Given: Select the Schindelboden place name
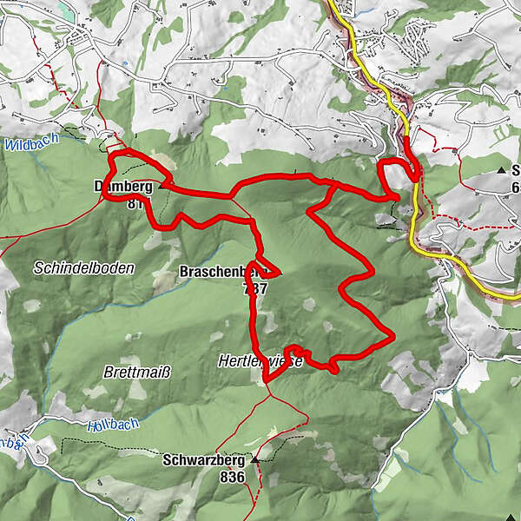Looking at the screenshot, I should (84, 268).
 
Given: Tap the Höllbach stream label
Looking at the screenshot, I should (113, 427).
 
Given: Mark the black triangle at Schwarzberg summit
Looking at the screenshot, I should (255, 458).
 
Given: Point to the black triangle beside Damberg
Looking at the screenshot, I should (161, 184).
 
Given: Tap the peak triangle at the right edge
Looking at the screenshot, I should (503, 170).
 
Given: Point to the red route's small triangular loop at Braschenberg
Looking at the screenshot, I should (266, 268).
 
